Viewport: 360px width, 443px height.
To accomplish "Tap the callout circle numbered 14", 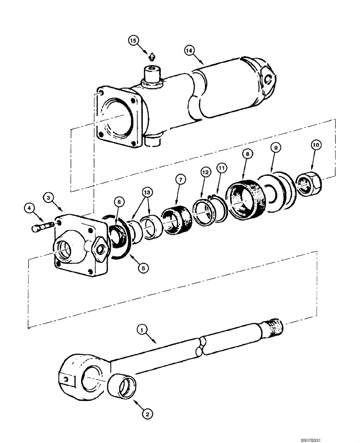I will point(190,51).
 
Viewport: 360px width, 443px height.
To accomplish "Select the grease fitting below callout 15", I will point(152,56).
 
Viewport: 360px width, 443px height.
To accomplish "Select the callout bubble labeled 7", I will point(180,179).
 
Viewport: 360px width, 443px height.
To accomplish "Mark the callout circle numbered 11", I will point(221,168).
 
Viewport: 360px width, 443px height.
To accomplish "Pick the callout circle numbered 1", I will point(141,330).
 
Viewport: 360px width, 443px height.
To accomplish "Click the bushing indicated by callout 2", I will point(121,382).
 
